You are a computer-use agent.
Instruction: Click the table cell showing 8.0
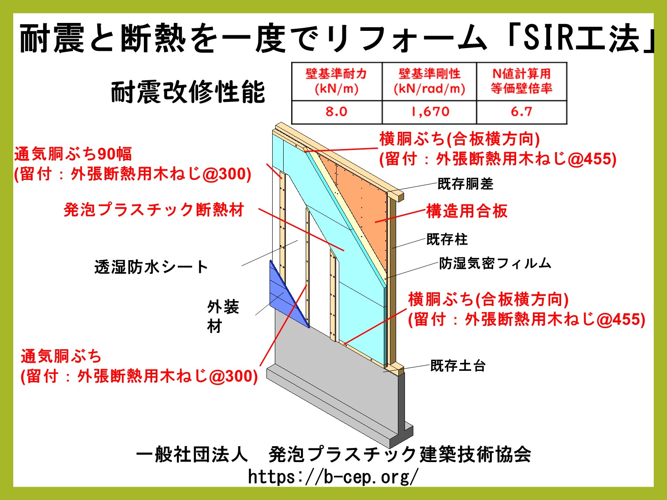pos(337,112)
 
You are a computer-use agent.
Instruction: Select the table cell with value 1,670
pos(429,112)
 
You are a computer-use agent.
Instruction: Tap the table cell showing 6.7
pos(521,112)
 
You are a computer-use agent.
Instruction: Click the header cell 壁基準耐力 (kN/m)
pos(337,82)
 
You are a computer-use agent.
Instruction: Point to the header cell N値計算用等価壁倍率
pos(521,82)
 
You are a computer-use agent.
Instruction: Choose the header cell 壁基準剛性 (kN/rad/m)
pos(429,82)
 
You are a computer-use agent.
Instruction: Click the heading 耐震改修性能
pos(187,92)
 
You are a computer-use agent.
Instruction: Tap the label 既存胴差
pos(465,184)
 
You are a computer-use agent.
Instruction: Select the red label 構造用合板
pos(467,211)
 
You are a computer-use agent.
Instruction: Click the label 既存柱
pos(447,239)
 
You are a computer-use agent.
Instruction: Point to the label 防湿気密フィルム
pos(495,263)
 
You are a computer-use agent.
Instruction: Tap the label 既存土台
pos(458,366)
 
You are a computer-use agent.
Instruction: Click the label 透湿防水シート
pos(151,267)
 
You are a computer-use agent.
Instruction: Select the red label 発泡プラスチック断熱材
pos(154,209)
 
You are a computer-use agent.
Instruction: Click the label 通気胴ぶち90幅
pos(73,154)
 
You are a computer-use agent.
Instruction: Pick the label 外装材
pos(223,316)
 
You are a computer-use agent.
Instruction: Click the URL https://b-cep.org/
pos(333,477)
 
